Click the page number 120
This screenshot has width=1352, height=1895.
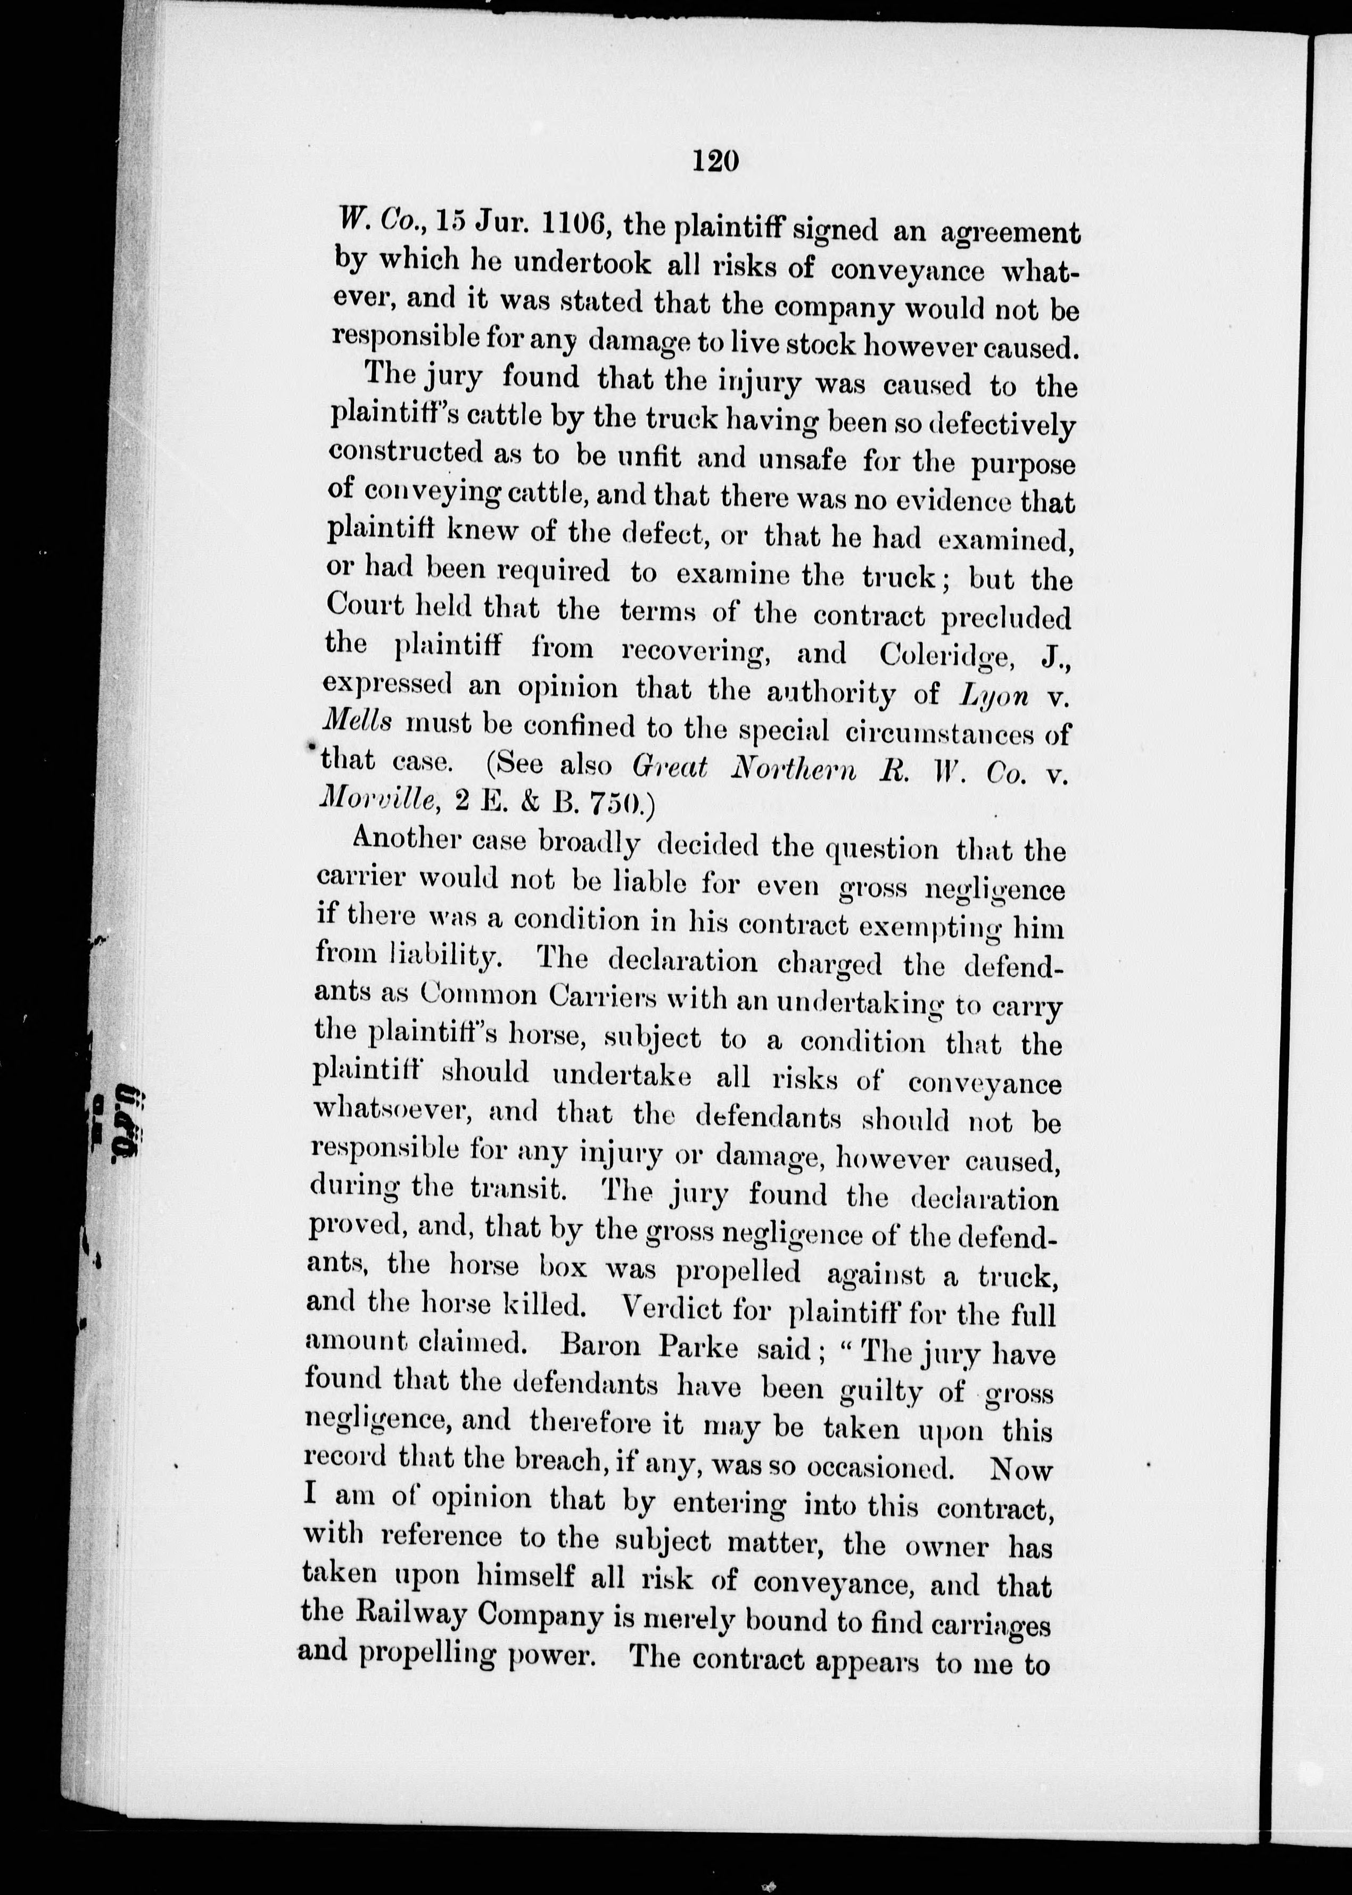pos(715,159)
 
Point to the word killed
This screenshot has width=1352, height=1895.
pos(545,1306)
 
